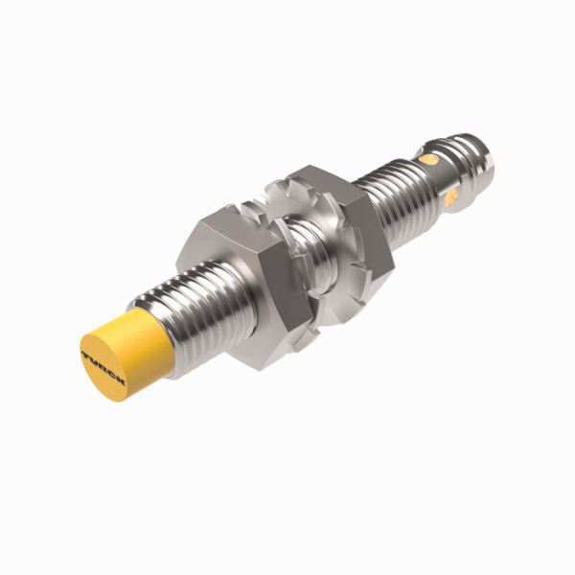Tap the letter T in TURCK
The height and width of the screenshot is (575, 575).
[88, 356]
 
